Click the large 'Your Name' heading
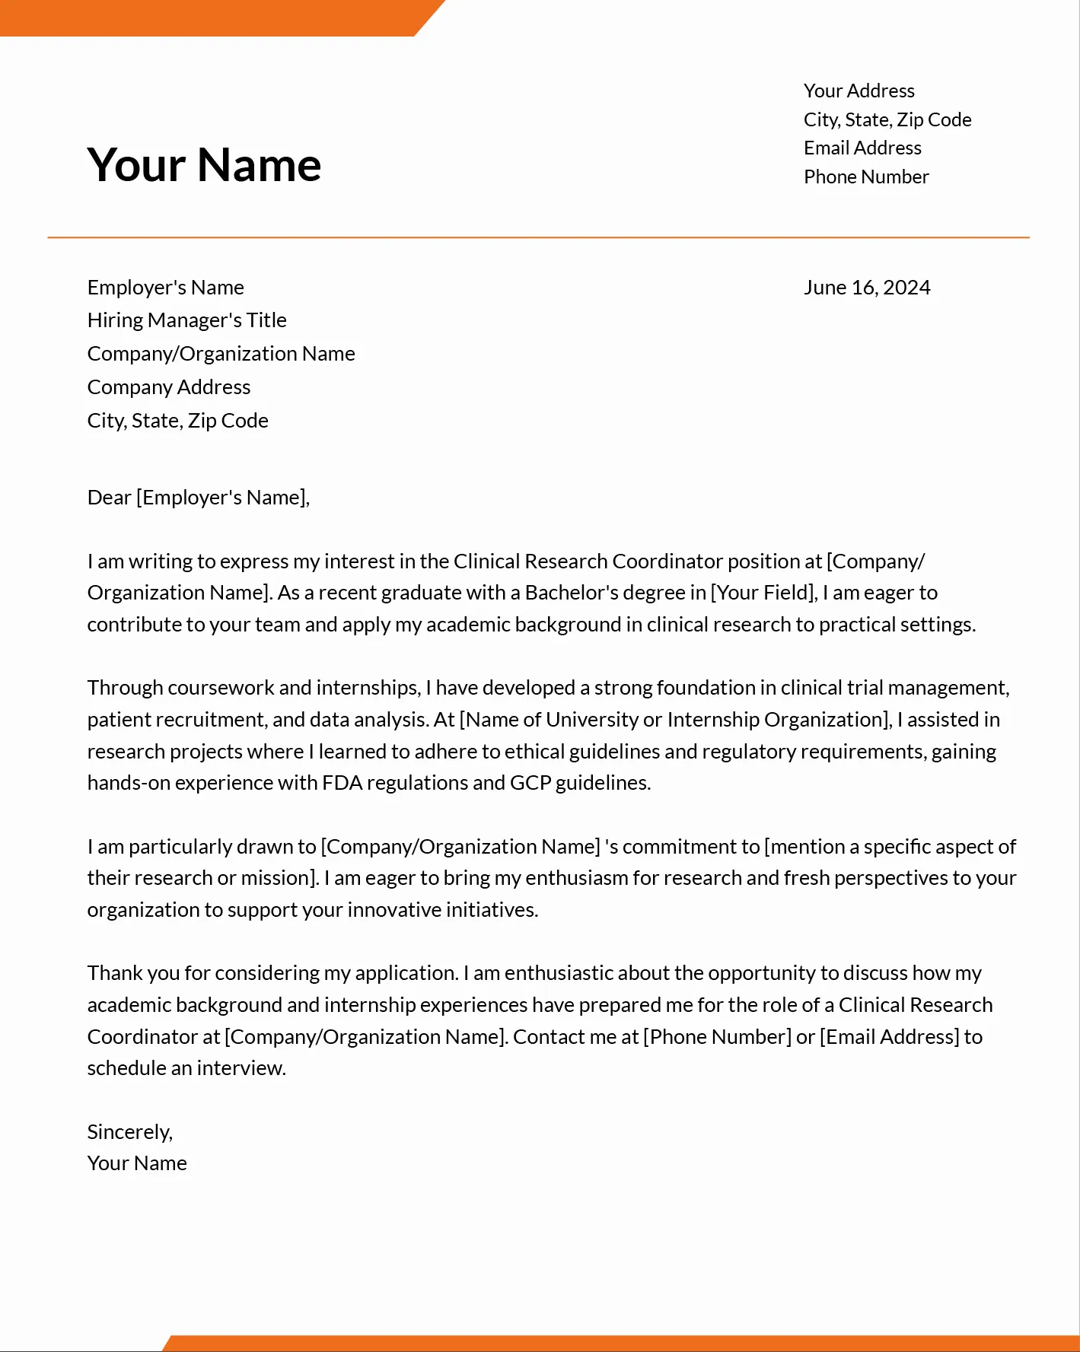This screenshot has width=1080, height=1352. pyautogui.click(x=204, y=165)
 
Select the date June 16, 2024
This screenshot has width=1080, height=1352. pyautogui.click(x=867, y=288)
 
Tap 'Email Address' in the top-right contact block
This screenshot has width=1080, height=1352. pyautogui.click(x=862, y=148)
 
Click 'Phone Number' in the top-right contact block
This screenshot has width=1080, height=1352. pyautogui.click(x=866, y=177)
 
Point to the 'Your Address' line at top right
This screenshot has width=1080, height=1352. pyautogui.click(x=859, y=91)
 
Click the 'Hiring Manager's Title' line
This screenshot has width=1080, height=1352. pyautogui.click(x=186, y=320)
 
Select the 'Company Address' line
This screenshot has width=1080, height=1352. pyautogui.click(x=168, y=387)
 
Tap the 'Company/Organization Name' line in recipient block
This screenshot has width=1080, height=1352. pyautogui.click(x=221, y=354)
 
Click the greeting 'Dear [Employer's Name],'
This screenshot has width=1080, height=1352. pyautogui.click(x=198, y=498)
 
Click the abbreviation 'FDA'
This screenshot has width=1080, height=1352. pyautogui.click(x=342, y=783)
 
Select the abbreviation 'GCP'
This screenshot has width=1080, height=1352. pyautogui.click(x=530, y=783)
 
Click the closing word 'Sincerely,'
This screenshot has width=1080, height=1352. pyautogui.click(x=129, y=1132)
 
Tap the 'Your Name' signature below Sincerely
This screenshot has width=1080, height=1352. pyautogui.click(x=137, y=1163)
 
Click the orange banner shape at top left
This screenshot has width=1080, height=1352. pyautogui.click(x=205, y=17)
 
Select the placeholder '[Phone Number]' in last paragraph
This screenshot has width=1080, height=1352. pyautogui.click(x=717, y=1037)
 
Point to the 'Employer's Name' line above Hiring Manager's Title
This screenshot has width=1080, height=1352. pyautogui.click(x=165, y=288)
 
